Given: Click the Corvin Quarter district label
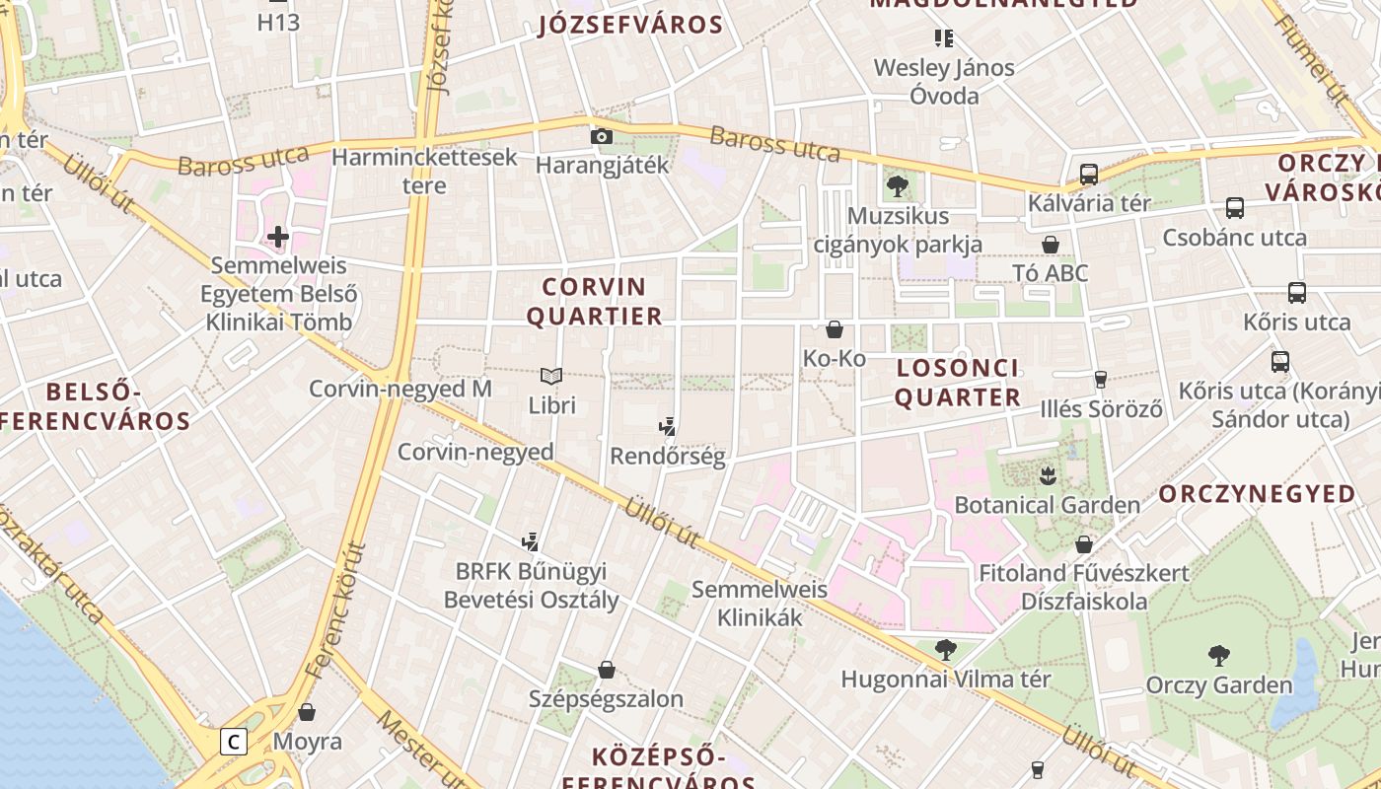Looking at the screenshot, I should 594,302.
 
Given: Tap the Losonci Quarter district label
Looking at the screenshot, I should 958,383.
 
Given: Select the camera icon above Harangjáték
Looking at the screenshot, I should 602,136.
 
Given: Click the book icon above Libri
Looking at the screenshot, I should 551,376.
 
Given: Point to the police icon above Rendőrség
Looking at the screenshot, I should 668,427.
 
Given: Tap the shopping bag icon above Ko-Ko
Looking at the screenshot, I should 835,329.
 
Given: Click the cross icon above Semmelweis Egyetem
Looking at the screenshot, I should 278,236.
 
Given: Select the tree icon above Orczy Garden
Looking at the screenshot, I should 1219,655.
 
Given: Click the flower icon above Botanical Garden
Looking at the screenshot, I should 1047,476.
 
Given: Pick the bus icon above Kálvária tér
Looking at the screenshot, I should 1089,175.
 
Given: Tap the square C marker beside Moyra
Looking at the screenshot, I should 233,742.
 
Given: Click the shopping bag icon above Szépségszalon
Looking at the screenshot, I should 607,671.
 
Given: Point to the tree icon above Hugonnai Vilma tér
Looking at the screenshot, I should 945,650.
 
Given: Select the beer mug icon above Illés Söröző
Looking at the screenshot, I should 1101,379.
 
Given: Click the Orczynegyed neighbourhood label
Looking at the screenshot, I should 1257,494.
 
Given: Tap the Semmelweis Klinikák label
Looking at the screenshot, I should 760,604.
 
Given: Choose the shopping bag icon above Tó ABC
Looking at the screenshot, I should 1051,244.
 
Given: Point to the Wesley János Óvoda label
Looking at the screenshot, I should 944,82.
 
